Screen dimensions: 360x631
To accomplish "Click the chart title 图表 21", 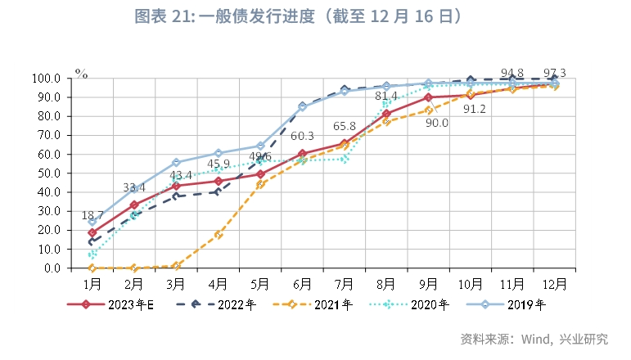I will (x=316, y=16).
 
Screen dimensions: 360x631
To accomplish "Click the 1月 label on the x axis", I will (x=92, y=283).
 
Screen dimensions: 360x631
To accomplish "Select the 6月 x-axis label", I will (x=302, y=283).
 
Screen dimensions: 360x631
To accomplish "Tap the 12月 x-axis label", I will (x=554, y=283).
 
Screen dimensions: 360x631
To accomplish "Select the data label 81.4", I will (x=386, y=97).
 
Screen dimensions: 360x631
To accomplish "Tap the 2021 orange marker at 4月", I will (x=219, y=235).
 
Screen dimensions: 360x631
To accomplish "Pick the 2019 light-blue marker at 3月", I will (x=177, y=163).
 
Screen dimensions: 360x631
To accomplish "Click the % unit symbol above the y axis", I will (x=81, y=72).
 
